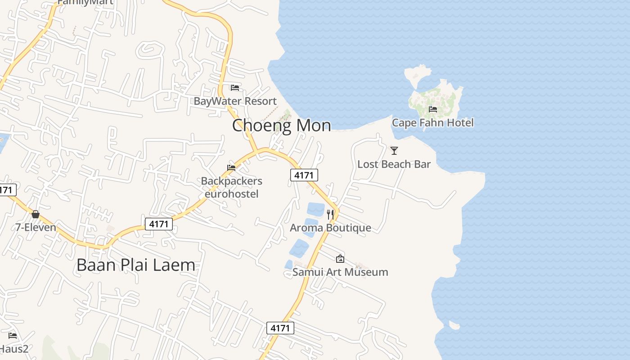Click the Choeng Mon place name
coord(281,125)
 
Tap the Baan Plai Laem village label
coord(136,265)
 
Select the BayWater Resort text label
coord(235,101)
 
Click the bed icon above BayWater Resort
coord(234,87)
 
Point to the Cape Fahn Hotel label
coord(432,122)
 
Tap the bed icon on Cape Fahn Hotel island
coord(433,109)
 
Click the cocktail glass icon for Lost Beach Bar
coord(394,151)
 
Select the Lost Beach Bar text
coord(394,164)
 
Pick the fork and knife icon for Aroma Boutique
coord(330,214)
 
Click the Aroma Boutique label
coord(330,228)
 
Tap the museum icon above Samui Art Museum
coord(340,259)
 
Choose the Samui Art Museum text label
coord(340,272)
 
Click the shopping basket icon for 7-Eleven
coord(36,214)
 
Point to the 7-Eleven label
coord(36,227)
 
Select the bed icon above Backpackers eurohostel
coord(231,168)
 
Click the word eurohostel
coord(231,194)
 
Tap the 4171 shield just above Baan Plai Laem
coord(159,224)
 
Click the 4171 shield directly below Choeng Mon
coord(304,175)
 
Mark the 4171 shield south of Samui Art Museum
coord(280,328)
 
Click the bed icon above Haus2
coord(13,336)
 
